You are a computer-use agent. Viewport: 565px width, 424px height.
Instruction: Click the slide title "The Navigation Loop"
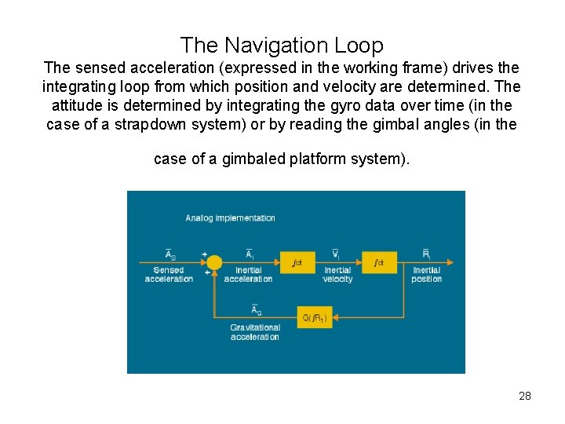click(x=282, y=45)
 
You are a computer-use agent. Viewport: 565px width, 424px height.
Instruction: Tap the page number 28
click(x=525, y=396)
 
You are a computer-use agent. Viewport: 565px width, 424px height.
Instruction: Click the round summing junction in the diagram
click(x=214, y=261)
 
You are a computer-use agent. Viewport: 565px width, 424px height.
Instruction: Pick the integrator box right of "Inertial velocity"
click(x=379, y=261)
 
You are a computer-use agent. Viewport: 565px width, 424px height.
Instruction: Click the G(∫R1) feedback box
click(x=315, y=317)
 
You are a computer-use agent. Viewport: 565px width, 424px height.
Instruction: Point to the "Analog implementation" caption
click(x=230, y=217)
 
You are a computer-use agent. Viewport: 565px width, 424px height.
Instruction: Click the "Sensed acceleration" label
click(x=169, y=274)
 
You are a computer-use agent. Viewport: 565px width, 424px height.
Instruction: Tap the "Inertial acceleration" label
click(x=248, y=274)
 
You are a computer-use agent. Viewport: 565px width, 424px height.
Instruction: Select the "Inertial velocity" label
click(x=337, y=274)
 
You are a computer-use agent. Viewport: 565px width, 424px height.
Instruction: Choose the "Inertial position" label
click(x=426, y=274)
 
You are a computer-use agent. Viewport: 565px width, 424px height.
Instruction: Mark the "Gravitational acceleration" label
click(x=254, y=332)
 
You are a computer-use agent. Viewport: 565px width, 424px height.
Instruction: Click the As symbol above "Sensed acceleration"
click(x=169, y=254)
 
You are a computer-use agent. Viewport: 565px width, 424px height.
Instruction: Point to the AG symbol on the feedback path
click(x=256, y=311)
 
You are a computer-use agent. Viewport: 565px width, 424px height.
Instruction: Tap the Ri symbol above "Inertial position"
click(x=426, y=254)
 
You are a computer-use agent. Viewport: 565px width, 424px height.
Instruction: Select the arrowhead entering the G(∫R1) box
click(x=335, y=317)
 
